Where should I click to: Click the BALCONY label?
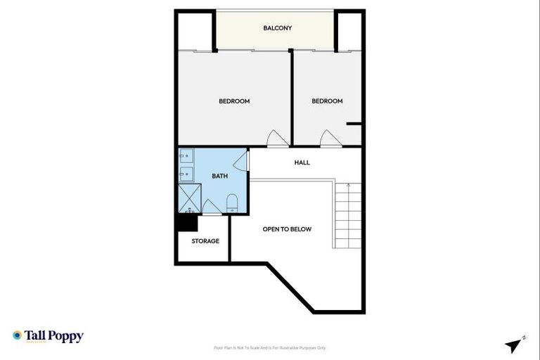coord(277,28)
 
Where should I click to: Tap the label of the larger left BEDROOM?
coord(234,101)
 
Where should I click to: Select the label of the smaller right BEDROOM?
coord(327,101)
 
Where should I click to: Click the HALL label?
coord(302,162)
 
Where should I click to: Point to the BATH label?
coord(219,176)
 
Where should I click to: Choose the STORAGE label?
coord(205,241)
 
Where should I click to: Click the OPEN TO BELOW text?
coord(287,229)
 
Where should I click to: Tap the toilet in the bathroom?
coord(232,204)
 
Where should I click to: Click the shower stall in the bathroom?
coord(189,198)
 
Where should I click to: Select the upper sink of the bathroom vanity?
coord(186,157)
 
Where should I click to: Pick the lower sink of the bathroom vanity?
coord(186,172)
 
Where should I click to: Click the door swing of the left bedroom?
coord(277,139)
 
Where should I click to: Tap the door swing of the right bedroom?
coord(328,139)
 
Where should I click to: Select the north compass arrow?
coord(514,345)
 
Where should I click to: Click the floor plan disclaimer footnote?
coord(269,347)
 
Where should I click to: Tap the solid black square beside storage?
coord(187,222)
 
